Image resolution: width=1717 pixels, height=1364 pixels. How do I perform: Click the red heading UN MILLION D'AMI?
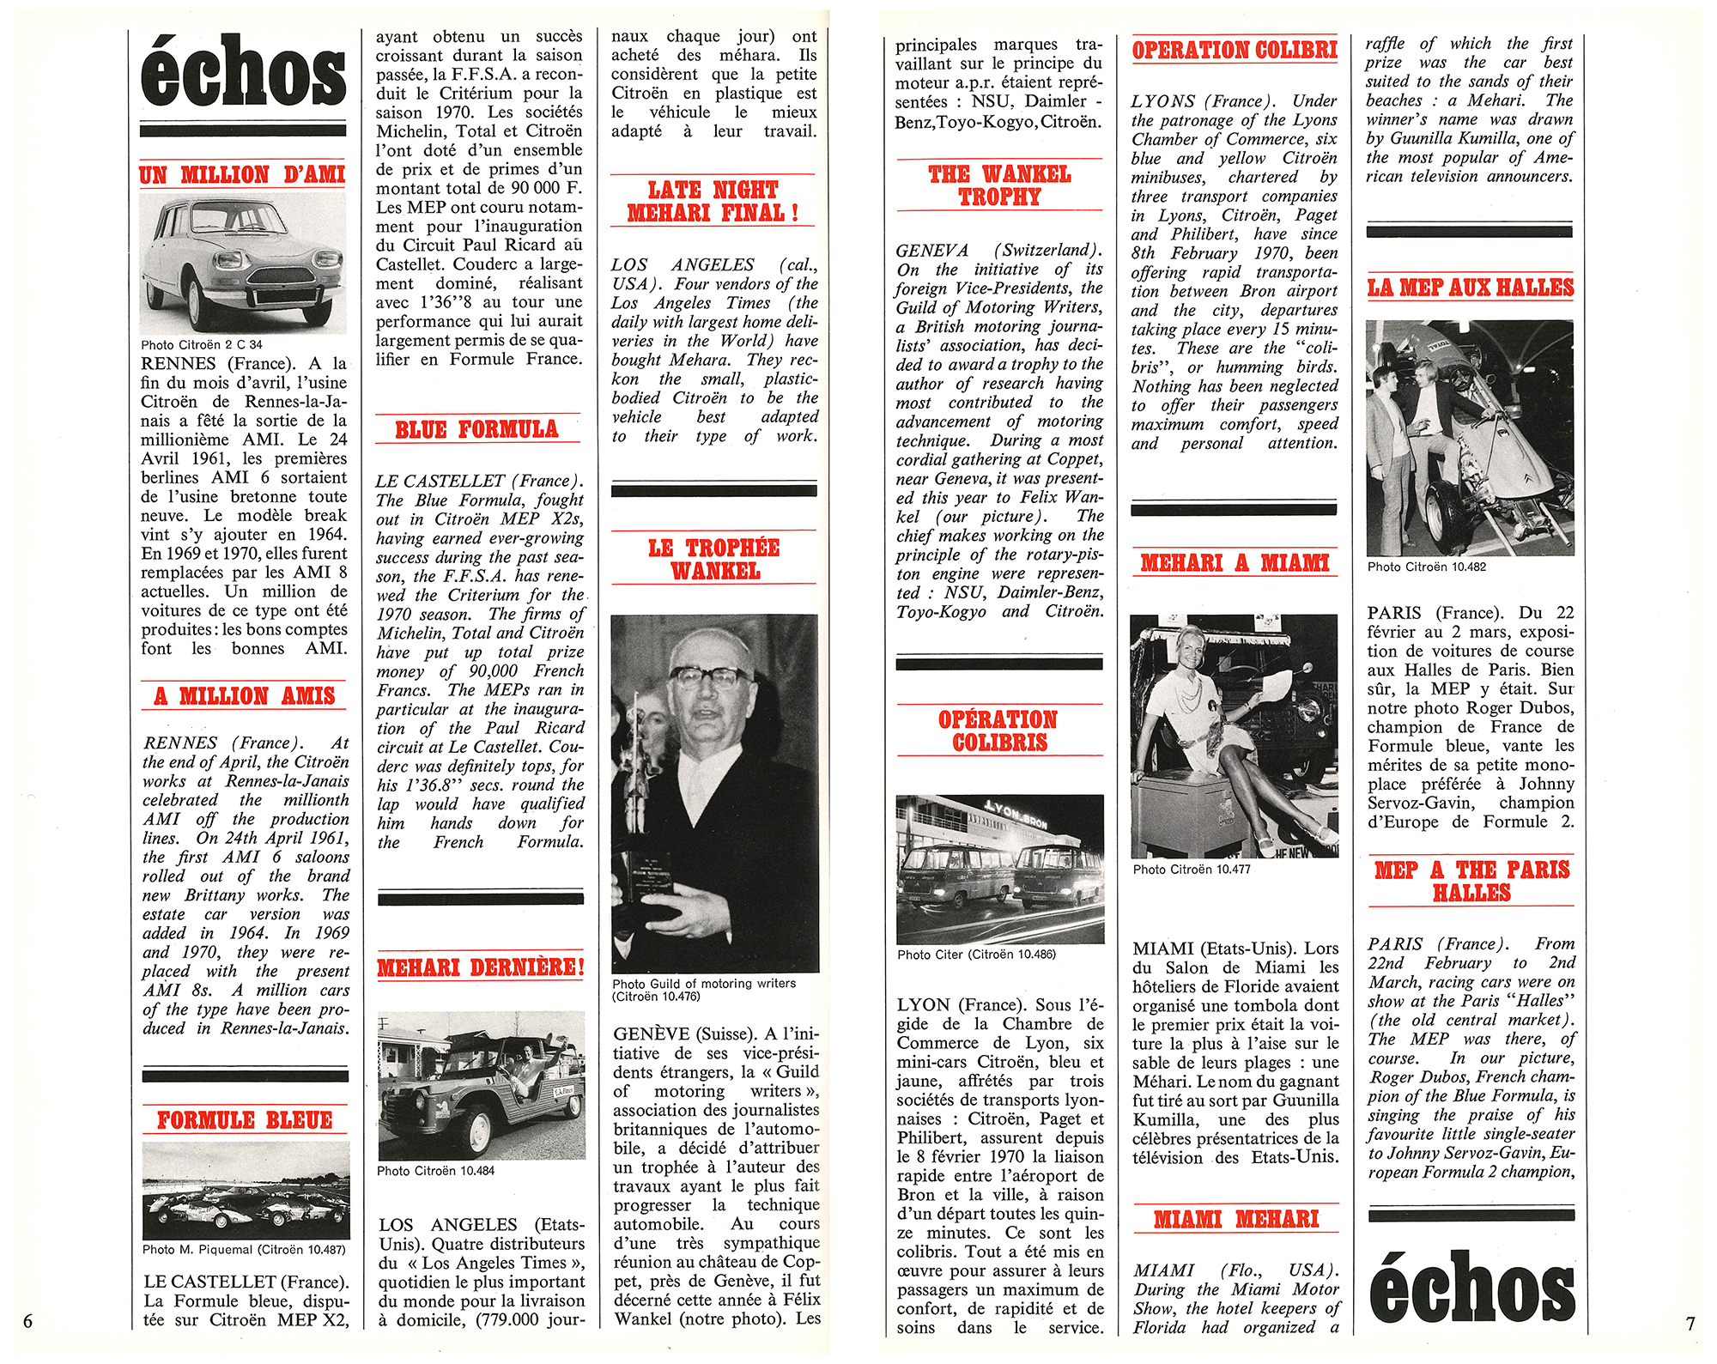[x=242, y=175]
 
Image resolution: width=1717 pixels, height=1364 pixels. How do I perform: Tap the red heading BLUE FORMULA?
[x=476, y=429]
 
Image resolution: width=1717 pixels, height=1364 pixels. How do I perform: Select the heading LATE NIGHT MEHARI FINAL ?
[x=713, y=201]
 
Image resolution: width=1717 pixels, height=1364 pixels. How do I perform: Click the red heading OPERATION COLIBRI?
[x=1235, y=50]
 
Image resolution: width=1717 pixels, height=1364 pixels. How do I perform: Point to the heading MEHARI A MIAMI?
[x=1235, y=563]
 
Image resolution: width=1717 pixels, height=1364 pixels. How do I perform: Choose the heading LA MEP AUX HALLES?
[x=1470, y=288]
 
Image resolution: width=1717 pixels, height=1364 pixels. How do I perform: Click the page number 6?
[x=27, y=1321]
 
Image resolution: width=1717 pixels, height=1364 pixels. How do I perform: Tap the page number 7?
[x=1690, y=1324]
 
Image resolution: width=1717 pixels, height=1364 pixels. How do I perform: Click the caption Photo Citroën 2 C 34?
[x=202, y=345]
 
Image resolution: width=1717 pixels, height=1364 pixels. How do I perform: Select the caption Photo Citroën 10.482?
[x=1427, y=567]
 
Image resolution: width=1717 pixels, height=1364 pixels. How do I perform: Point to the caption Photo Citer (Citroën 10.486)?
[x=976, y=955]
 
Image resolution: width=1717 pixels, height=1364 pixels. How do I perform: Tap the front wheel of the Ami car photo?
[x=196, y=300]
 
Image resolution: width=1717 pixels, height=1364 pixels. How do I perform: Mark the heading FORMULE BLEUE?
[x=245, y=1120]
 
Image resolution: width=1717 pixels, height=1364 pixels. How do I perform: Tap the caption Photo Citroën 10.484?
[x=436, y=1171]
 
